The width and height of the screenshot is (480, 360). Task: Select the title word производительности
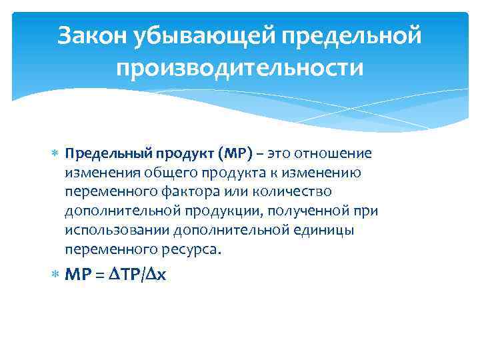click(240, 68)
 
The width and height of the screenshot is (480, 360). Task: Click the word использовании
click(117, 230)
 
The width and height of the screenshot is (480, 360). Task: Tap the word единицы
click(325, 230)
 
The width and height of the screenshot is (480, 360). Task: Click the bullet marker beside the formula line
click(55, 274)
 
